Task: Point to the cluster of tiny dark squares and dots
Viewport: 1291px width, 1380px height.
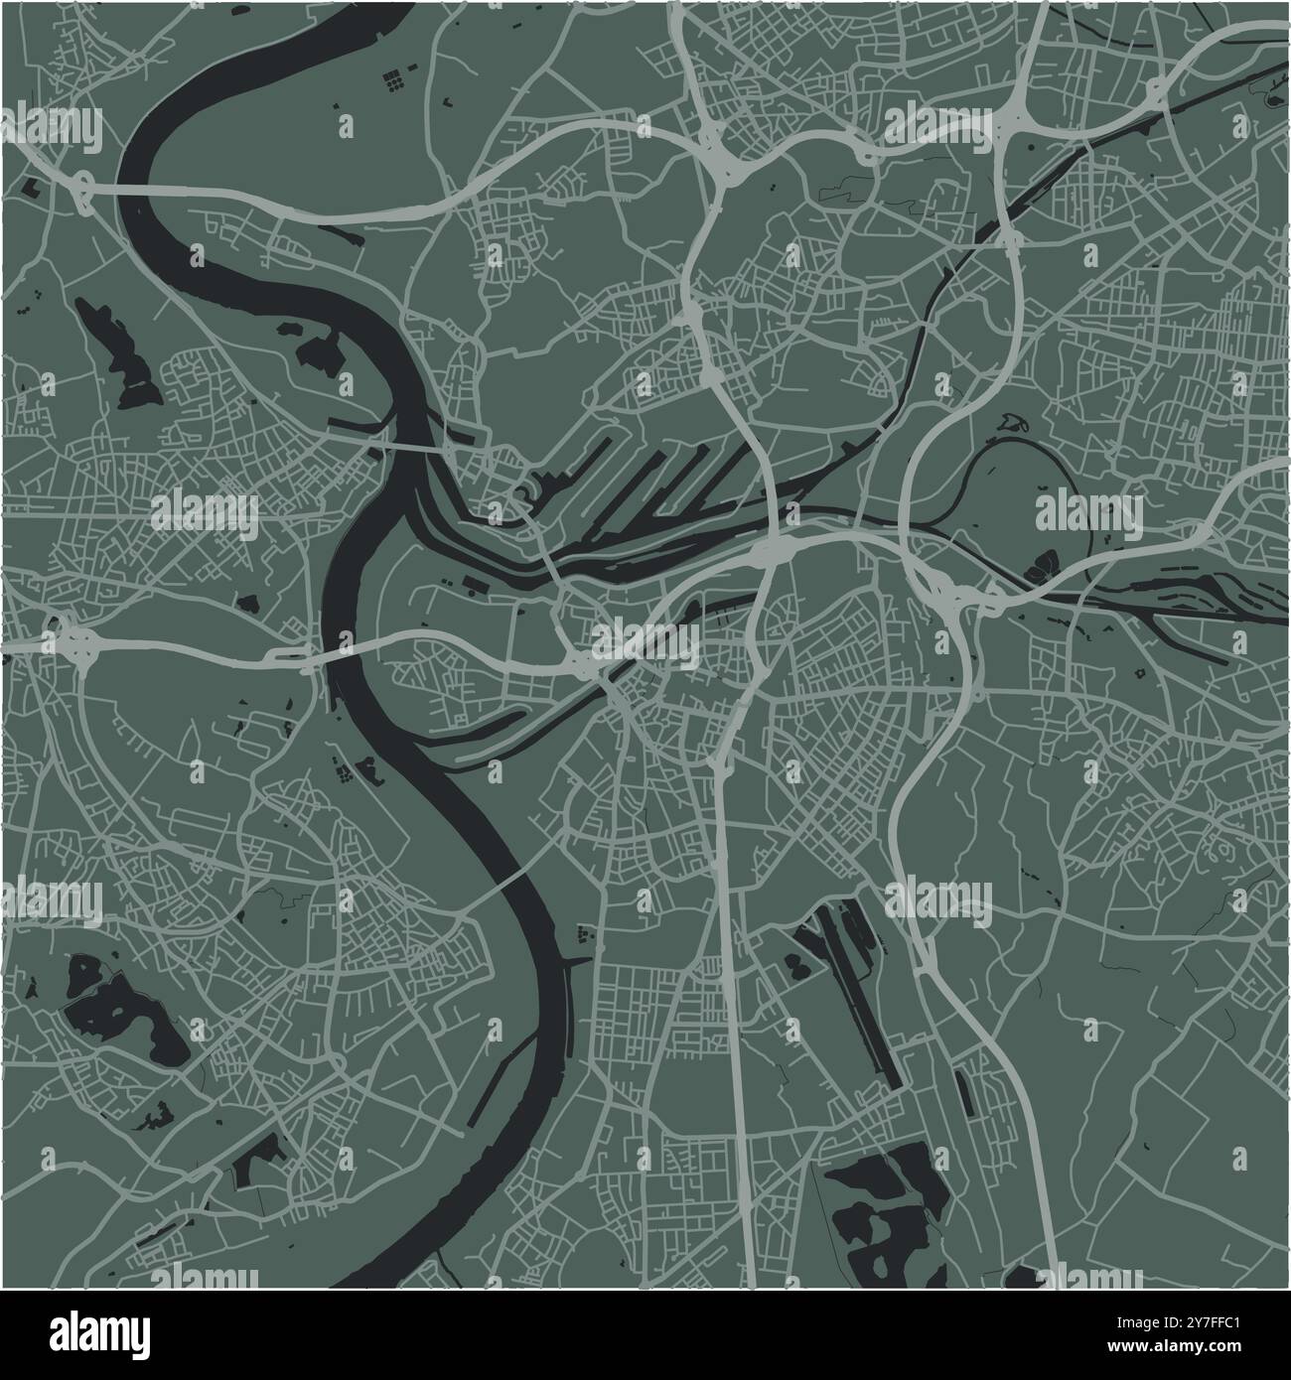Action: click(394, 78)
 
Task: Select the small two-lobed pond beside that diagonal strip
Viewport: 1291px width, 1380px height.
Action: click(797, 963)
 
